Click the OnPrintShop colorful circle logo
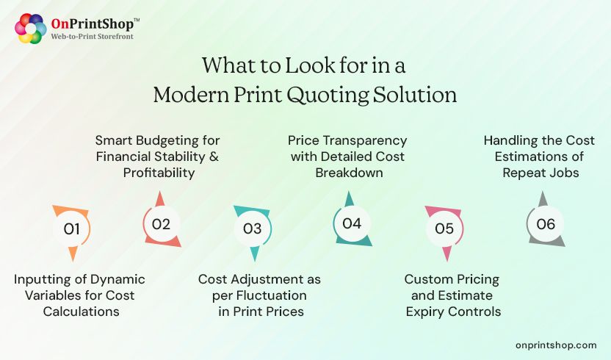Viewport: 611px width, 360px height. tap(31, 28)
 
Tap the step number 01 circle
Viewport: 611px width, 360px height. tap(71, 228)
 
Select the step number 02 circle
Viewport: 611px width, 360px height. tap(161, 224)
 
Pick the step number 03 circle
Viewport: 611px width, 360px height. tap(252, 228)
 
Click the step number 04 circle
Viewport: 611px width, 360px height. tap(352, 223)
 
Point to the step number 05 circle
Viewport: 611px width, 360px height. tap(444, 228)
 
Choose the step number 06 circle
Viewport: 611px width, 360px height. tap(546, 224)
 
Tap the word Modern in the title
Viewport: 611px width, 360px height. tap(187, 96)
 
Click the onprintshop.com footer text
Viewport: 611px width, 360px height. tap(556, 345)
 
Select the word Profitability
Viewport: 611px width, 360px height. tap(158, 173)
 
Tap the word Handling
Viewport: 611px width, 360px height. tap(513, 140)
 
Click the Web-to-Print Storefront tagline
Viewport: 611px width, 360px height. tap(92, 35)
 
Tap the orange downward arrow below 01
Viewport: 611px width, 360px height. tap(72, 254)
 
